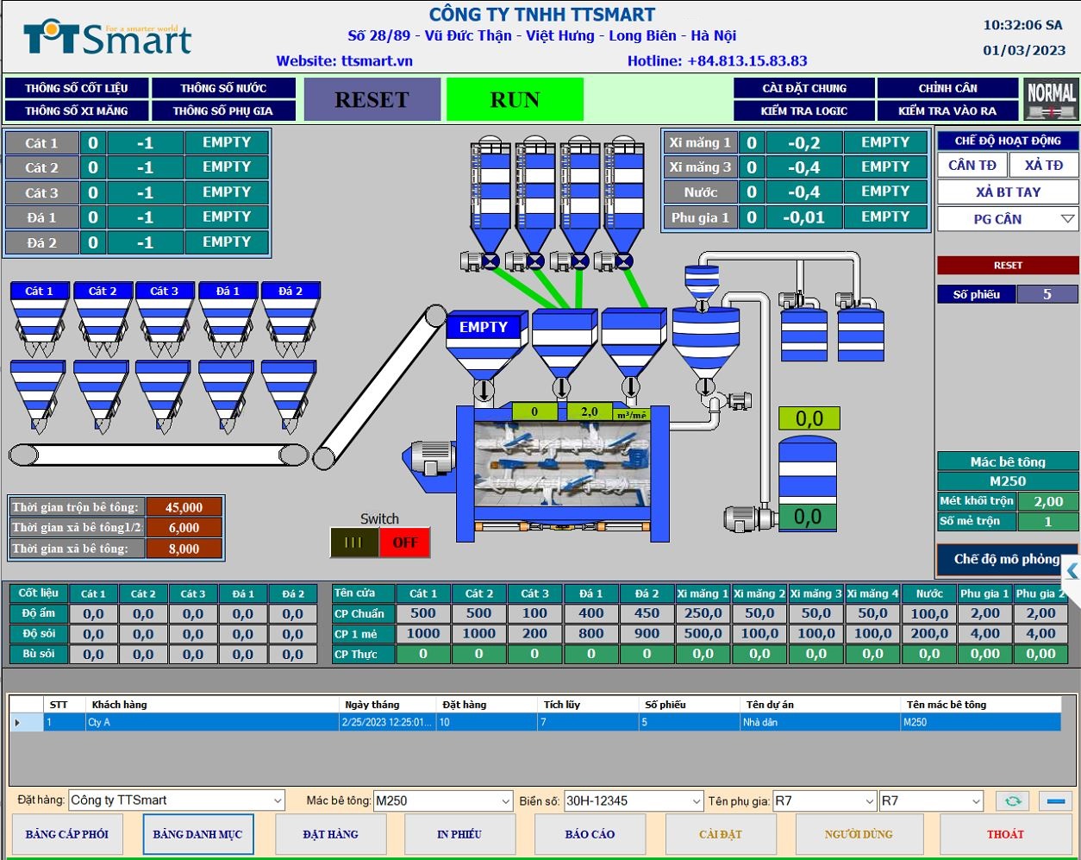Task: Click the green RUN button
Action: pos(515,100)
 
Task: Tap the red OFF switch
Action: pos(404,543)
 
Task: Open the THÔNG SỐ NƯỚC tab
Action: pos(223,88)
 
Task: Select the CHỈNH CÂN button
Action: pos(947,88)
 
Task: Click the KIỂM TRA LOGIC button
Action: pos(803,111)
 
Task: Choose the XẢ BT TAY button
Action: pos(1008,192)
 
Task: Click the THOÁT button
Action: pos(1005,834)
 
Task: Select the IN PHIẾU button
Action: pos(459,834)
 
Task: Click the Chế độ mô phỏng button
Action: pos(1006,559)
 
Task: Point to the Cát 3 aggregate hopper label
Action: pos(165,292)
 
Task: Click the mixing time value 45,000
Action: pos(184,507)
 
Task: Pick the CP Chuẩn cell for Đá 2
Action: pos(647,613)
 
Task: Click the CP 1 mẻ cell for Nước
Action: pos(929,633)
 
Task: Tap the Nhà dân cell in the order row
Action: pos(819,722)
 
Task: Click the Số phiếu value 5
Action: pos(1047,294)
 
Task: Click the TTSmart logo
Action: pos(107,39)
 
